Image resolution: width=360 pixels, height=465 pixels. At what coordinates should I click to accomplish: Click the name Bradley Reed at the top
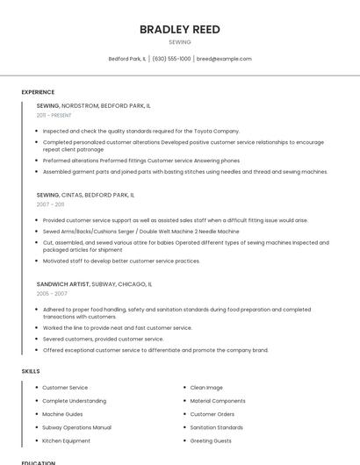coord(179,29)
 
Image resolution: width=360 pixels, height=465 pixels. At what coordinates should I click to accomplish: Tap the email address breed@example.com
coord(224,59)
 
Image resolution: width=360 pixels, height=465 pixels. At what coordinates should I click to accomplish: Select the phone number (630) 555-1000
coord(171,59)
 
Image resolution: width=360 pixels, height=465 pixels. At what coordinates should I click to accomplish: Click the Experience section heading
coord(38,92)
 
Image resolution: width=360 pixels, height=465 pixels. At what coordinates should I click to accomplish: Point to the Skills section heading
coord(31,371)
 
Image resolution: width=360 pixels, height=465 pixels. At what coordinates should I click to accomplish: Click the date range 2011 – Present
coord(54,115)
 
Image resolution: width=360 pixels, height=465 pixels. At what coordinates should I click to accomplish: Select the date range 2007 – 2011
coord(50,204)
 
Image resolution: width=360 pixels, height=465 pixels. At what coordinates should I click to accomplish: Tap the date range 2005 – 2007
coord(52,294)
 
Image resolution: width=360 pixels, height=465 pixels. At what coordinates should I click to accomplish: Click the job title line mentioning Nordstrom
coord(93,105)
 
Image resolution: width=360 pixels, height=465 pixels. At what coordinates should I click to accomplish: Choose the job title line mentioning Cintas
coord(85,195)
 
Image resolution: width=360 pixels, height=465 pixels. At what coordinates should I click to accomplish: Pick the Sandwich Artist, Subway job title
coord(94,284)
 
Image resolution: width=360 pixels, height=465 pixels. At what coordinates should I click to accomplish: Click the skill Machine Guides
coord(62,414)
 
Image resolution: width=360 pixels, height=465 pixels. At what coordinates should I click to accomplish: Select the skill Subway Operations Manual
coord(76,427)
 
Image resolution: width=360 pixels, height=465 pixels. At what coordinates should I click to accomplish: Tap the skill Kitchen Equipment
coord(66,440)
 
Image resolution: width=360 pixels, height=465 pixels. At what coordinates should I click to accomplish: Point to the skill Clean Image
coord(206,388)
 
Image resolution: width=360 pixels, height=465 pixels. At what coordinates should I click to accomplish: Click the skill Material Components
coord(218,401)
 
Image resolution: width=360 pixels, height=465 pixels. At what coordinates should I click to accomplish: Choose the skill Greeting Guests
coord(211,440)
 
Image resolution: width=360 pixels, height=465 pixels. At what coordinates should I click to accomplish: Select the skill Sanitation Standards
coord(216,427)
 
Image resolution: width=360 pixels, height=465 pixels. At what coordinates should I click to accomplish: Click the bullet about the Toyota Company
coord(140,131)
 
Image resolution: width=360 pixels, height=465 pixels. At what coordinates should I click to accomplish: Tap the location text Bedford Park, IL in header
coord(127,59)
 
